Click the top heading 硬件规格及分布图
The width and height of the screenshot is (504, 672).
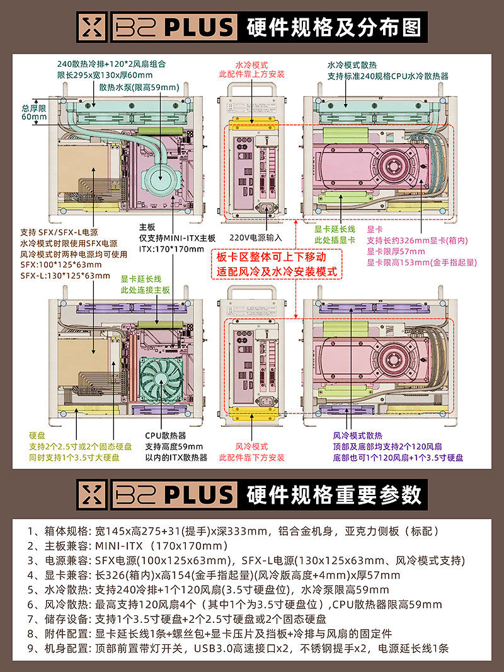pyautogui.click(x=334, y=28)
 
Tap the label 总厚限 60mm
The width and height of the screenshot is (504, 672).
pyautogui.click(x=34, y=112)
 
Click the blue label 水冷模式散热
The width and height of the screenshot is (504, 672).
pyautogui.click(x=352, y=65)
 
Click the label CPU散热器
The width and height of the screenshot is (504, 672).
pyautogui.click(x=166, y=436)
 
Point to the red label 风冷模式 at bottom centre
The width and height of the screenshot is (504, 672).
pyautogui.click(x=251, y=446)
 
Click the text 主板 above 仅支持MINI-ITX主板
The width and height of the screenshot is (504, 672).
pyautogui.click(x=147, y=228)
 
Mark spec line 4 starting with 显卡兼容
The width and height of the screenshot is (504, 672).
pyautogui.click(x=214, y=575)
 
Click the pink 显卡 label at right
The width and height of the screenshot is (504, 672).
pyautogui.click(x=375, y=230)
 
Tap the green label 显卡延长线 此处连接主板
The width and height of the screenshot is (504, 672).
pyautogui.click(x=145, y=284)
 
